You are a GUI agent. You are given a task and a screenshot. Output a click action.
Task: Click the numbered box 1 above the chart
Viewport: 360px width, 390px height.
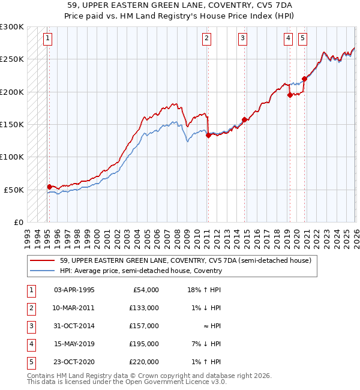[47, 38]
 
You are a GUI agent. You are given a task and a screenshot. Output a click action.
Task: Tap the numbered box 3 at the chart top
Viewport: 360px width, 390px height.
[242, 38]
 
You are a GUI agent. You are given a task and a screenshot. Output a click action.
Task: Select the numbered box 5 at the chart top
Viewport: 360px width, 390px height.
[302, 38]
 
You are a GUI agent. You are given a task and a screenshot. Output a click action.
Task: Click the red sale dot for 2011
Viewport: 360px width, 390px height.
[208, 135]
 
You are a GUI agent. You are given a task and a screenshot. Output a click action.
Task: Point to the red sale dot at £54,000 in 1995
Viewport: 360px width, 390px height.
[49, 187]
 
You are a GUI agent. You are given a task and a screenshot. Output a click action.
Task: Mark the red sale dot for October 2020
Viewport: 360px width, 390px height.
[304, 79]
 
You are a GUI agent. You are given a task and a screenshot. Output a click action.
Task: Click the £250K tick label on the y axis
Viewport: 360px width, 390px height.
[13, 59]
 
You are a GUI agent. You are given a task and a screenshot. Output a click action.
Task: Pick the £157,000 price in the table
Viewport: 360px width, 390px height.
[143, 325]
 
